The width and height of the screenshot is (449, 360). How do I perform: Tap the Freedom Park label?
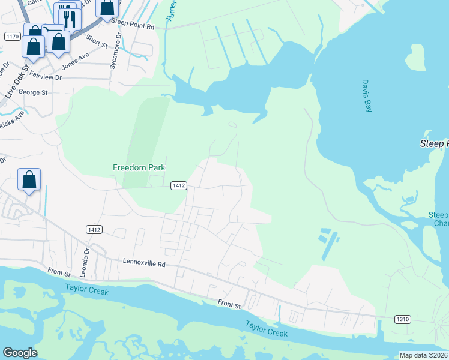(139, 168)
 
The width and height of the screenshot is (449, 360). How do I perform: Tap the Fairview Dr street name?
(41, 77)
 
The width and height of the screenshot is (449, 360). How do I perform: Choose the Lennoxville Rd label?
(143, 262)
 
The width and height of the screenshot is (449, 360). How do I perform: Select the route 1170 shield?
(12, 37)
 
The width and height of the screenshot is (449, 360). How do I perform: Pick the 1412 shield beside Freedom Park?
(178, 185)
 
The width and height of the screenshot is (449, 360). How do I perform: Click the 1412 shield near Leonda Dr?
(94, 229)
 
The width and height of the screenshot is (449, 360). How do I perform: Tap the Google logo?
(20, 353)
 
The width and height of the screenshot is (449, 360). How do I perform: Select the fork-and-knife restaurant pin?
(67, 16)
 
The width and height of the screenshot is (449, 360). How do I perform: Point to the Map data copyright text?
(424, 355)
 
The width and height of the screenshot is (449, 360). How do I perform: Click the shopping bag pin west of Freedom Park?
(29, 179)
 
